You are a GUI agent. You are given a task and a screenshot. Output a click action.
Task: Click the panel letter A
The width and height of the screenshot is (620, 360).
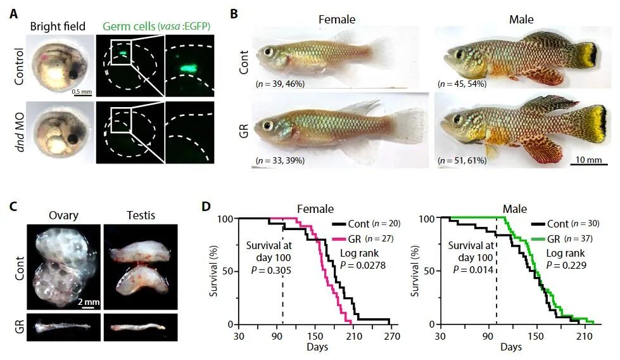(x=14, y=14)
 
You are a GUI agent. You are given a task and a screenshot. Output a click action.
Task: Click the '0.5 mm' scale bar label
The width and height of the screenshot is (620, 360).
(x=82, y=92)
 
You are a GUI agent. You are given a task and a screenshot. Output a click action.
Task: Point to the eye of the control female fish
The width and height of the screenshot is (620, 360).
(x=269, y=51)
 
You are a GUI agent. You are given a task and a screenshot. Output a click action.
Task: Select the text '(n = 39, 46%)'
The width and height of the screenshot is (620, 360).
(x=280, y=84)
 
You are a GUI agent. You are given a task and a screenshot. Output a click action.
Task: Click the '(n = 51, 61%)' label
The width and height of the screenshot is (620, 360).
(x=462, y=160)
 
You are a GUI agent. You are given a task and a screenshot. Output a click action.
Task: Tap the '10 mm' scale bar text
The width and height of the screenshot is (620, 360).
(x=589, y=160)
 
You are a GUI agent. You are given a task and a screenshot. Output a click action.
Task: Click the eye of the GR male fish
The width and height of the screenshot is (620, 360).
(x=458, y=119)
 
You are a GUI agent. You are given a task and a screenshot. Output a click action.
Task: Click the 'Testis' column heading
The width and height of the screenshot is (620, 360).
(x=141, y=215)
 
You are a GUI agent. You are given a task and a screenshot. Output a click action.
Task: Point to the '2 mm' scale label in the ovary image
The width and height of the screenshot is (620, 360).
(x=89, y=302)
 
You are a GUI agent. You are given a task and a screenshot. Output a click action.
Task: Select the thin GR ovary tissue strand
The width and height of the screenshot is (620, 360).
(x=63, y=327)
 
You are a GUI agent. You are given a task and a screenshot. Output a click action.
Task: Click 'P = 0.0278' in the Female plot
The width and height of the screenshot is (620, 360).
(x=363, y=265)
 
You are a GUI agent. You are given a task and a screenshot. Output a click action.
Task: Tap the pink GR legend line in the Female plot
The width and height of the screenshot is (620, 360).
(x=339, y=239)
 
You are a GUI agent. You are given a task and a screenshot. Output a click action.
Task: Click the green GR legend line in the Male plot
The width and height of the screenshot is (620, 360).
(x=538, y=239)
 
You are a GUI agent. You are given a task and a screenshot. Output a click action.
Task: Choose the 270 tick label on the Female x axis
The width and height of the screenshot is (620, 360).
(x=392, y=337)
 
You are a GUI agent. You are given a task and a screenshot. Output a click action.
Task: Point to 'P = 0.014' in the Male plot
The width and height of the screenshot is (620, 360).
(x=473, y=269)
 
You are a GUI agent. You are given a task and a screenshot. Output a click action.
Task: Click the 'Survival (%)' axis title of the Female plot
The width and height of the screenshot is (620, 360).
(x=214, y=271)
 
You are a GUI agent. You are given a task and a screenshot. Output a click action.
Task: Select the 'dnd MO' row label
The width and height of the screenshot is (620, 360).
(x=19, y=132)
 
